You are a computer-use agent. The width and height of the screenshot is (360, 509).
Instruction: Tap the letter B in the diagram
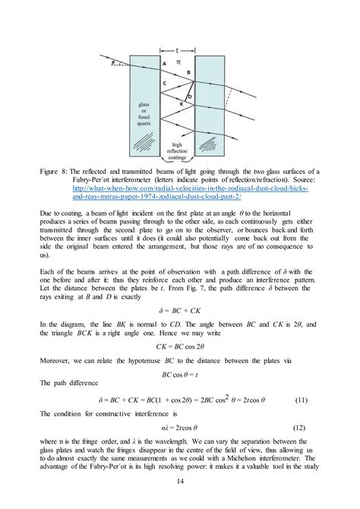click(189, 71)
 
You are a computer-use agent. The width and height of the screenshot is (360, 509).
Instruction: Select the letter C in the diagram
click(164, 82)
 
